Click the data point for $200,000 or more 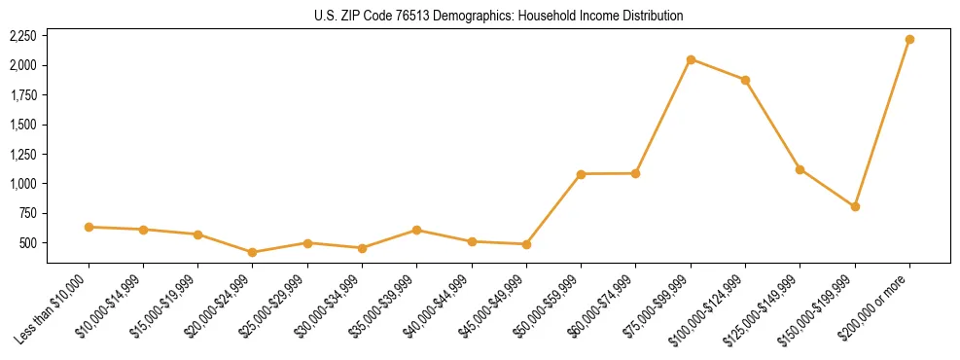pyautogui.click(x=909, y=39)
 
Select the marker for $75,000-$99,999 pyautogui.click(x=691, y=59)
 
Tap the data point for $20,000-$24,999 pyautogui.click(x=253, y=252)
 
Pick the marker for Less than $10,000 pyautogui.click(x=89, y=227)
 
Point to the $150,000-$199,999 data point pyautogui.click(x=855, y=206)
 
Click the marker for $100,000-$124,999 pyautogui.click(x=745, y=80)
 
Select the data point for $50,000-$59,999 pyautogui.click(x=581, y=174)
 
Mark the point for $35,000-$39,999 pyautogui.click(x=416, y=230)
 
